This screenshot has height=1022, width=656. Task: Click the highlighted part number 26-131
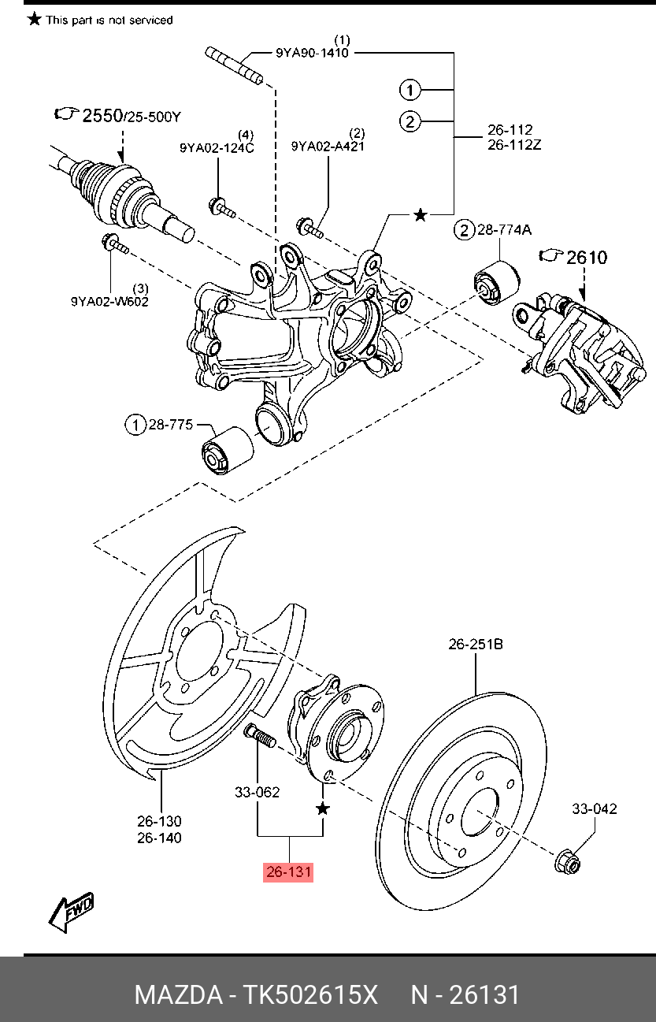[x=288, y=872]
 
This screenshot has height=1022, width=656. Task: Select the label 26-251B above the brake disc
[x=476, y=645]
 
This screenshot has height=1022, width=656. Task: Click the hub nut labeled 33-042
[x=568, y=861]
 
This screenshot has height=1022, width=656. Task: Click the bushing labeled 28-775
[x=228, y=451]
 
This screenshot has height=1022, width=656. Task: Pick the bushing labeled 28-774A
[x=496, y=282]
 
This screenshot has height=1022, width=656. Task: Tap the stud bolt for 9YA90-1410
[x=234, y=65]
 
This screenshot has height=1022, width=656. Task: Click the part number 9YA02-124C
[x=217, y=148]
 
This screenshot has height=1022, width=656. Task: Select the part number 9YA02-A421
[x=328, y=147]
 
